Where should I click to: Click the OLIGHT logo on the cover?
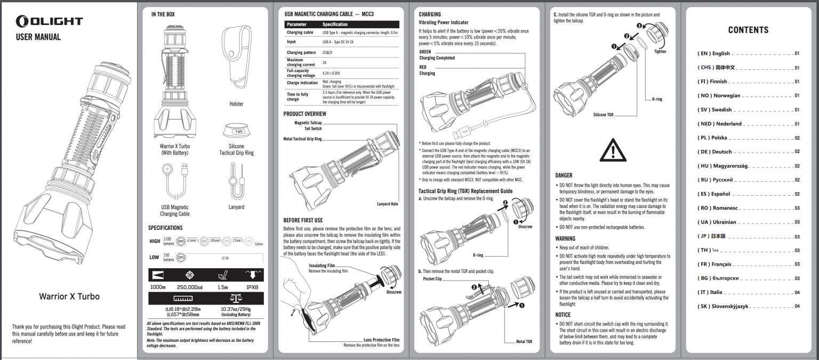click(x=49, y=21)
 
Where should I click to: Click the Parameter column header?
click(x=296, y=25)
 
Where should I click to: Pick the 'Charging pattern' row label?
click(x=301, y=53)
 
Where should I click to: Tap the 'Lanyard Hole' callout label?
click(x=387, y=204)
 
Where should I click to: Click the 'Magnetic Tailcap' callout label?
click(x=308, y=122)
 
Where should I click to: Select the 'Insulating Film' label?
click(x=322, y=266)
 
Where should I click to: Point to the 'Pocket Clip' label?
click(x=432, y=279)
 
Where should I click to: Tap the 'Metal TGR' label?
click(x=524, y=341)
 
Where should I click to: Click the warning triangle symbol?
click(x=613, y=151)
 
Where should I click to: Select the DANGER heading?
click(x=564, y=175)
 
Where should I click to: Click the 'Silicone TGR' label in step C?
click(x=603, y=115)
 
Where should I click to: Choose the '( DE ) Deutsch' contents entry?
click(x=715, y=152)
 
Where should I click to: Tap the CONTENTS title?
click(x=748, y=30)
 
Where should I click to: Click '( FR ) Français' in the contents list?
click(x=714, y=265)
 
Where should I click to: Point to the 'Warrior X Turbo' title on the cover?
click(x=69, y=297)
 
